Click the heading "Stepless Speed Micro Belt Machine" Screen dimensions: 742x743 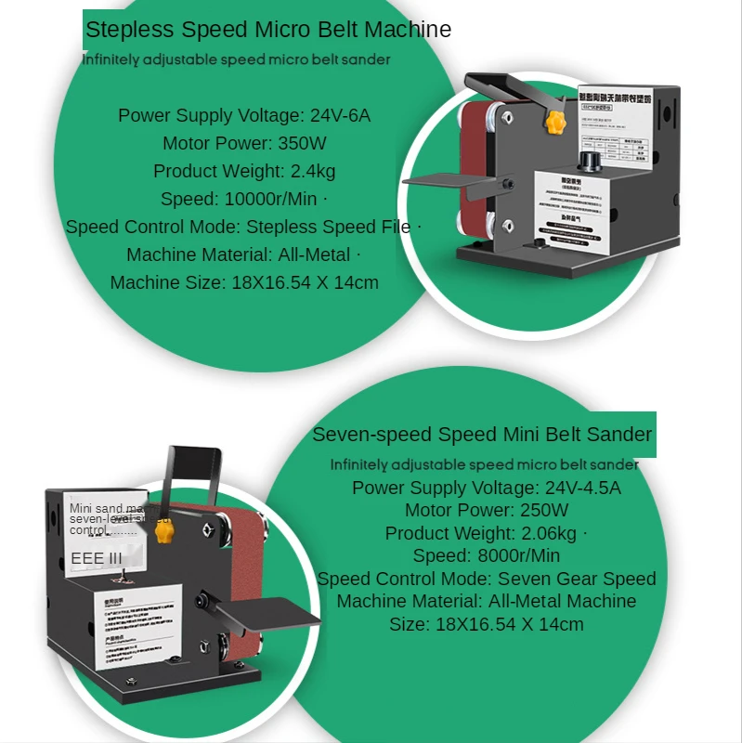pos(268,30)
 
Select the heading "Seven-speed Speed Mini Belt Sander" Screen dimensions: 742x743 pos(482,435)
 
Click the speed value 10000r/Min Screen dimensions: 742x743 pos(269,199)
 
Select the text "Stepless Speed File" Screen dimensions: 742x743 pos(328,227)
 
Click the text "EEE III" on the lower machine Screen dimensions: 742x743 pos(97,558)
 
